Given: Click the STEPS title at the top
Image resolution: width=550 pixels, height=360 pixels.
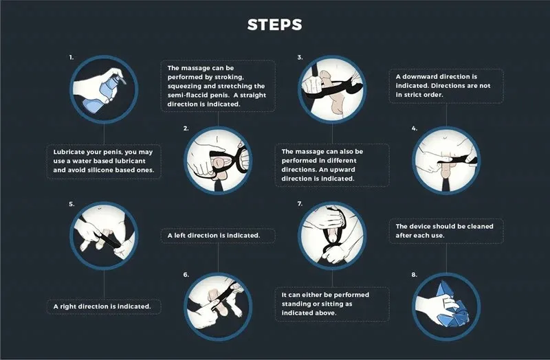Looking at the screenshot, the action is (x=274, y=25).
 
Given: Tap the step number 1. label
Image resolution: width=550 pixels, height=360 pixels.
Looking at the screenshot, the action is (x=71, y=58).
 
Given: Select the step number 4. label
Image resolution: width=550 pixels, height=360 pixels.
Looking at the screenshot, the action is (x=415, y=128).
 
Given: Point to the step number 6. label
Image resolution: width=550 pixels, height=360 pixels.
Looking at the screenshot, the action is (x=186, y=275).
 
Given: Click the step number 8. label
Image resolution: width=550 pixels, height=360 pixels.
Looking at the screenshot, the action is (x=415, y=275).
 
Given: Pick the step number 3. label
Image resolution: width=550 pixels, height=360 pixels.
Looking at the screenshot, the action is (x=300, y=58).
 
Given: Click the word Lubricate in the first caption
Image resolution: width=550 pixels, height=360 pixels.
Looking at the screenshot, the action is (x=69, y=152).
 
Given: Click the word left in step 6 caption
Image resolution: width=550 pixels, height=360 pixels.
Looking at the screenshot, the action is (x=180, y=236).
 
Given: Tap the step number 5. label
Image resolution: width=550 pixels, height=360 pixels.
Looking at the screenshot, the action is (x=71, y=204).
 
